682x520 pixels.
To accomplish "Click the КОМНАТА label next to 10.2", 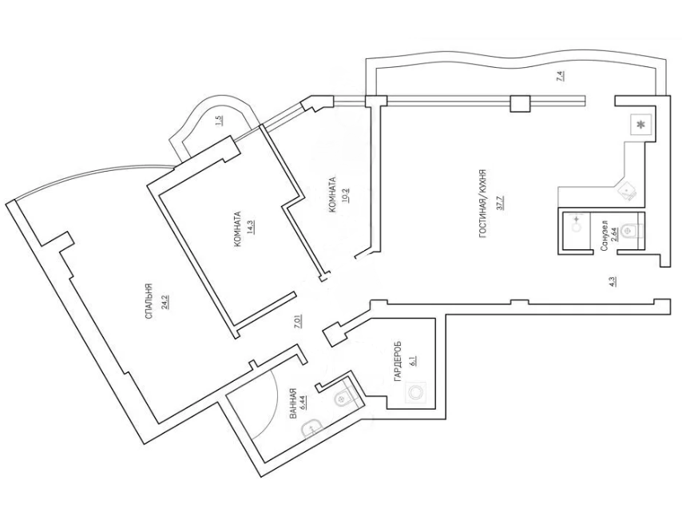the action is point(331,195).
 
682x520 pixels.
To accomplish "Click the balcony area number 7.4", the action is point(561,77).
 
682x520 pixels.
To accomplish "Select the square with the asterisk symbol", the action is point(640,125).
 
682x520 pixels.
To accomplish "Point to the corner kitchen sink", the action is point(626,189).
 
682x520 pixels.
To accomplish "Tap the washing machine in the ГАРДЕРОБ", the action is point(414,392).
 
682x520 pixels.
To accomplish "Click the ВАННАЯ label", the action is point(293,405).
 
